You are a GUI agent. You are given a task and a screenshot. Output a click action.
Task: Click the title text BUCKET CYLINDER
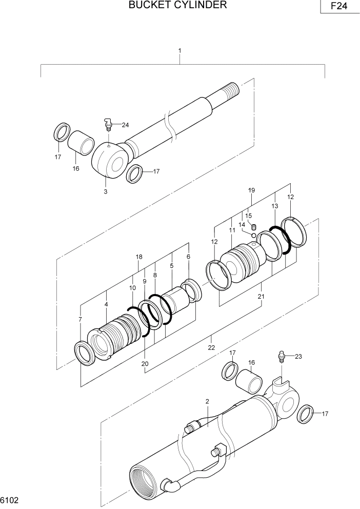[x=177, y=6]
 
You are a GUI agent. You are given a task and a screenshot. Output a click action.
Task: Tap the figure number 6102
[x=10, y=499]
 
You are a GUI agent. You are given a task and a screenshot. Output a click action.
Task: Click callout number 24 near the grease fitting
[x=125, y=125]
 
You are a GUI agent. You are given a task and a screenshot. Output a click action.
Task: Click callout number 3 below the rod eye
[x=106, y=191]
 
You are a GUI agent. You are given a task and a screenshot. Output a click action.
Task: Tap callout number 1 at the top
[x=179, y=51]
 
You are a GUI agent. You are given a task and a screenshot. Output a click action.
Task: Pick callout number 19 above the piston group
[x=251, y=190]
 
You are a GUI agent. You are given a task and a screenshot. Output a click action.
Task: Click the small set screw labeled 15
[x=253, y=226]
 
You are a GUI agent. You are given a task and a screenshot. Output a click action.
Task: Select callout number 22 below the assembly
[x=211, y=347]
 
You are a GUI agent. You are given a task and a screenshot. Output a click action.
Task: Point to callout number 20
[x=145, y=364]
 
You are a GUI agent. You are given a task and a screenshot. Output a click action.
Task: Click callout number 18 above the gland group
[x=138, y=257]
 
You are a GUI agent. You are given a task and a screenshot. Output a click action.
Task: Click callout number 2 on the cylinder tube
[x=207, y=401]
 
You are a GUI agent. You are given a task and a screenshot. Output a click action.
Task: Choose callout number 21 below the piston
[x=261, y=297]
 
